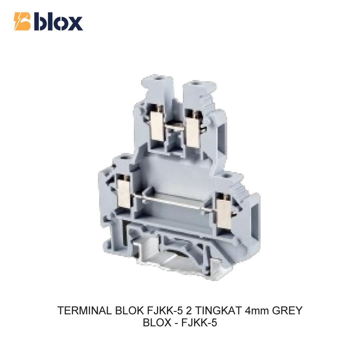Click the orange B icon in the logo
tap(22, 21)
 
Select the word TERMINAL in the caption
tap(85, 311)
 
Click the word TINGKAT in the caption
tap(219, 311)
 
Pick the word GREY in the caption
tap(287, 311)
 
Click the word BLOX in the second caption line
tap(157, 323)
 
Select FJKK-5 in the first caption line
tap(165, 311)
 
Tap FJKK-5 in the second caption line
tap(199, 323)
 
